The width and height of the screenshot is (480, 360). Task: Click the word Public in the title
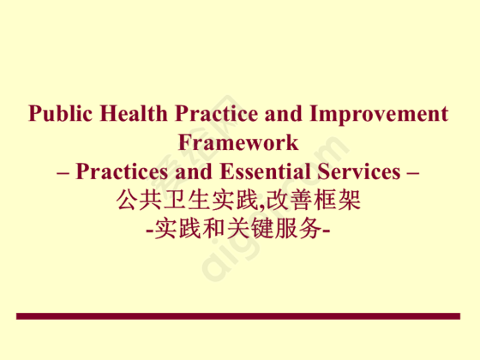(60, 113)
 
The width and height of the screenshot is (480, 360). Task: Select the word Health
(134, 113)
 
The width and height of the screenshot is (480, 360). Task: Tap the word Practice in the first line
(217, 113)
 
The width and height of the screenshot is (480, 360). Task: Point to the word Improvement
(379, 114)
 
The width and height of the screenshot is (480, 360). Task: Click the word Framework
(238, 142)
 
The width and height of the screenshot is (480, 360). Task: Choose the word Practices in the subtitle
(122, 171)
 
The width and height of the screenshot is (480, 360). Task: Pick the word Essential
(266, 171)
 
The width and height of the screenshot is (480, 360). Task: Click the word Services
(359, 171)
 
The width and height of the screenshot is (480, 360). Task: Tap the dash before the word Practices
(63, 173)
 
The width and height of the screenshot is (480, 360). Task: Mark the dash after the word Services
(413, 173)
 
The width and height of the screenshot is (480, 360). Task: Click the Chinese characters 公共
(140, 200)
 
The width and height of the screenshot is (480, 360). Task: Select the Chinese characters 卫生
(188, 200)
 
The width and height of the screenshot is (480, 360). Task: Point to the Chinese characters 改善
(289, 200)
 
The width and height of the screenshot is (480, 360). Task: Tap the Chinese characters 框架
(337, 200)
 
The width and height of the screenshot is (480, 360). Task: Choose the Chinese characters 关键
(249, 228)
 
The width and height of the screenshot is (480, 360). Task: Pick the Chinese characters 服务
(297, 228)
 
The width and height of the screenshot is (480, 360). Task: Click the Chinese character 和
(214, 228)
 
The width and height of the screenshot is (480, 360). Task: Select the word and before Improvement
(284, 113)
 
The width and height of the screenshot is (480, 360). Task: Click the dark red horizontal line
(238, 316)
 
